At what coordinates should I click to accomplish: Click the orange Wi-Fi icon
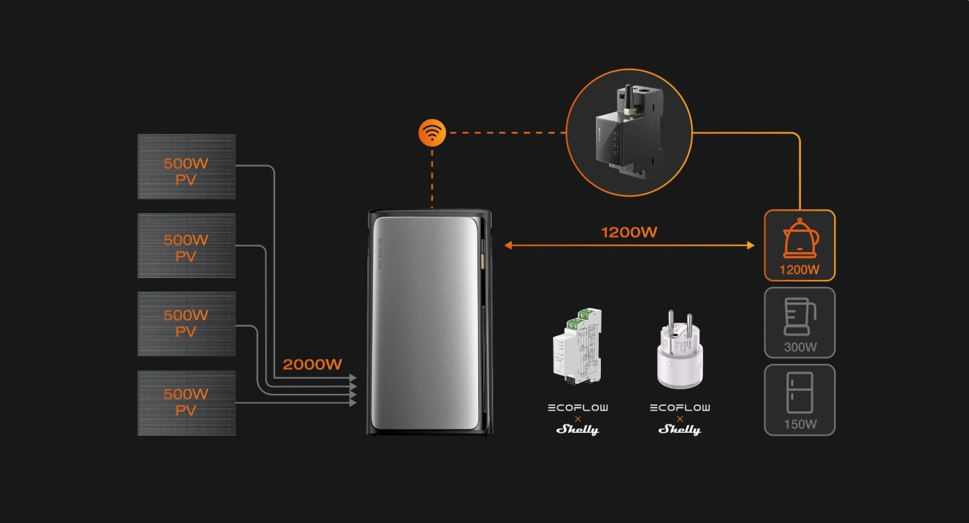click(431, 132)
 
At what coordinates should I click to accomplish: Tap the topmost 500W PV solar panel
click(186, 167)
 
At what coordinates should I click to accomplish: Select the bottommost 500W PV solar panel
click(186, 403)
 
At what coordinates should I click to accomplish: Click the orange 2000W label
click(313, 364)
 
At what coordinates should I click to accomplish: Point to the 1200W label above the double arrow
click(629, 232)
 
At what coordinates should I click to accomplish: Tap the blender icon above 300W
click(800, 317)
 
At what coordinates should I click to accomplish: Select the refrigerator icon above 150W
click(800, 392)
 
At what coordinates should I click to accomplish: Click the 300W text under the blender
click(800, 347)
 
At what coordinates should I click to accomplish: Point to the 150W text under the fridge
click(800, 424)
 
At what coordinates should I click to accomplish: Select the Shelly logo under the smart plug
click(679, 429)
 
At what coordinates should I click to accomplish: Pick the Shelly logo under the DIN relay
click(577, 429)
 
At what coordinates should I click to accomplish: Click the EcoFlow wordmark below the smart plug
click(679, 408)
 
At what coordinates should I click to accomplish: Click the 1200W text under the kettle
click(800, 269)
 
